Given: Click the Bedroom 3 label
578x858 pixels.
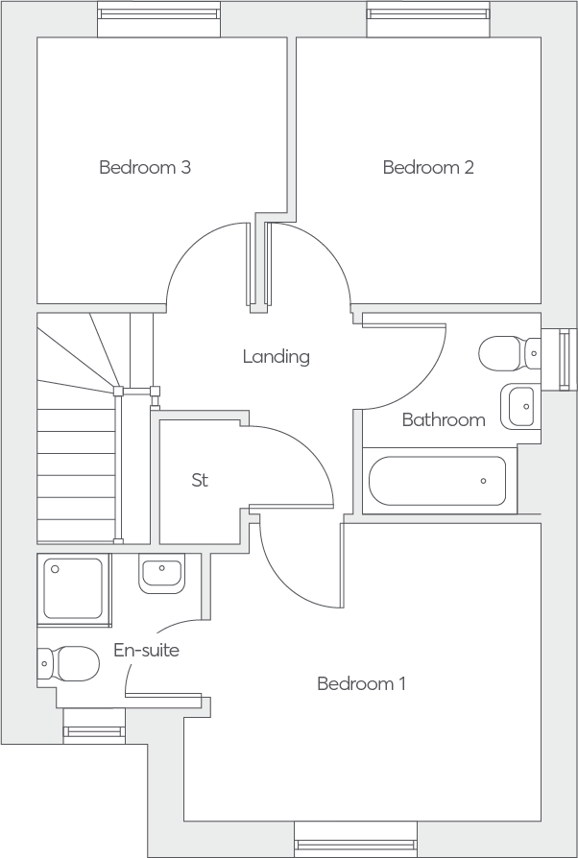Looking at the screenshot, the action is tap(145, 167).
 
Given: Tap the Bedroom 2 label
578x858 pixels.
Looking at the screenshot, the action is tap(428, 167).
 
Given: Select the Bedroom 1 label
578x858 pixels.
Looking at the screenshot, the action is tap(361, 683).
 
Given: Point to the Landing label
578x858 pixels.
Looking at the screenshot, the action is tap(277, 357).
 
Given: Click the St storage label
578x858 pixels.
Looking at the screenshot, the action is tap(200, 480).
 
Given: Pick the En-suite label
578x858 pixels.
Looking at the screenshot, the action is tap(147, 650).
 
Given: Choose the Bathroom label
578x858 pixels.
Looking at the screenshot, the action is tap(444, 419).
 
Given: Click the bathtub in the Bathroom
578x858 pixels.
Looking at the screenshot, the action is tap(437, 481).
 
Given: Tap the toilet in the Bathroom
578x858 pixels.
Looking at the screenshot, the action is tap(510, 353).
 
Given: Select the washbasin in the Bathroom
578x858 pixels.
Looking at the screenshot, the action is tap(520, 406).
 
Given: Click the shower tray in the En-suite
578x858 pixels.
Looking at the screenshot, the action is tap(73, 589).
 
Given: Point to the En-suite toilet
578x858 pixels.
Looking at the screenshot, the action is tap(68, 663).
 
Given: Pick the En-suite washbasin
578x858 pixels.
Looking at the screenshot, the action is tap(161, 574).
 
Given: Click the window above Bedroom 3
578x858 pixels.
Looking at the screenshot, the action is tap(158, 18).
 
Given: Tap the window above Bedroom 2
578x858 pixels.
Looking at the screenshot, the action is tap(428, 18).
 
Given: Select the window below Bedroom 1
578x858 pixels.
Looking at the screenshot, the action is tap(356, 840).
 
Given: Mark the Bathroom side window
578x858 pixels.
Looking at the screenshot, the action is tap(559, 360).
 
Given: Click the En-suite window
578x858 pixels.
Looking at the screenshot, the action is tap(94, 727).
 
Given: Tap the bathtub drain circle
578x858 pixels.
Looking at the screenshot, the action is tap(483, 481).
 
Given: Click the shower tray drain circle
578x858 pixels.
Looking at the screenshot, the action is tap(55, 570).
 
